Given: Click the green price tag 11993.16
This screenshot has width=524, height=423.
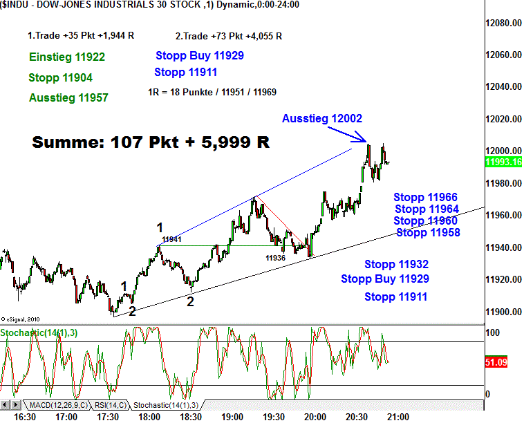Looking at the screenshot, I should tap(503, 162).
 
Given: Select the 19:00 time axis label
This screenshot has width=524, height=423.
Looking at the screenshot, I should tap(232, 417).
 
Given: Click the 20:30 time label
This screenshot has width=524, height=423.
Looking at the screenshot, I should tap(357, 417).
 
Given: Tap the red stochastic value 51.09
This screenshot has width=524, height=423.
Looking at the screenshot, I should tap(500, 361).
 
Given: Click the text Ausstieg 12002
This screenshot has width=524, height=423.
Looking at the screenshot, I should tap(322, 119).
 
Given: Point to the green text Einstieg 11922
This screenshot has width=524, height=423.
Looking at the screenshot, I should tap(67, 57).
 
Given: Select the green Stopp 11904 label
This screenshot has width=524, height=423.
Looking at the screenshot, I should tap(61, 77).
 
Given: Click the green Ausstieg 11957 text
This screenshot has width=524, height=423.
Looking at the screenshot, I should tap(68, 98).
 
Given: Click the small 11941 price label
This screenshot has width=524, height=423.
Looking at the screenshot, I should tap(171, 240).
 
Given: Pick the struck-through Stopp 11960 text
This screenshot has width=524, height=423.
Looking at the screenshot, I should tap(425, 221).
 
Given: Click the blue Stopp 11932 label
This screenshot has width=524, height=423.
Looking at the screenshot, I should tap(397, 264).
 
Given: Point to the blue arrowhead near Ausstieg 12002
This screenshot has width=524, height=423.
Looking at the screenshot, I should tap(364, 142).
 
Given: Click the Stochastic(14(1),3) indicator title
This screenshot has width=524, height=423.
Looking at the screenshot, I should tap(39, 333).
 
